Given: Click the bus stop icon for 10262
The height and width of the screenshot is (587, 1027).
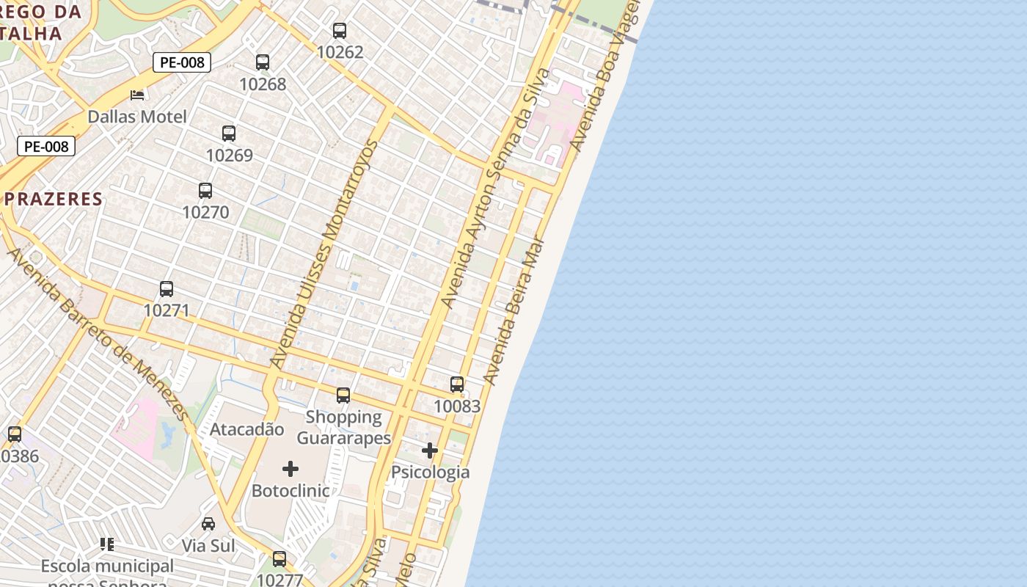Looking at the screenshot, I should click(x=339, y=31).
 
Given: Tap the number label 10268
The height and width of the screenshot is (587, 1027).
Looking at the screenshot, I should click(x=263, y=84).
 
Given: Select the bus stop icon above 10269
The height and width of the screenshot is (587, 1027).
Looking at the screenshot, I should click(x=229, y=134).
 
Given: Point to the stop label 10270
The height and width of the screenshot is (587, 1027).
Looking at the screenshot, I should click(x=205, y=213).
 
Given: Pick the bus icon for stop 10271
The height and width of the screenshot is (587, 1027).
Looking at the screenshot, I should click(x=167, y=289).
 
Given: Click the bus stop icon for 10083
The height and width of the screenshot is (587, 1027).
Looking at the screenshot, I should click(x=457, y=384).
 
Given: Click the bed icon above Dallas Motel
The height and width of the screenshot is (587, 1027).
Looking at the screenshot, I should click(x=137, y=95).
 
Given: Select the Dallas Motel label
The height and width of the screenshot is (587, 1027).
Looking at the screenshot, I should click(x=137, y=117).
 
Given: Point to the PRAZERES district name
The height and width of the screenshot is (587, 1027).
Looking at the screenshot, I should click(x=54, y=199).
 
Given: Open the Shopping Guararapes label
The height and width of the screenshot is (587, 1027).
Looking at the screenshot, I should click(x=343, y=428).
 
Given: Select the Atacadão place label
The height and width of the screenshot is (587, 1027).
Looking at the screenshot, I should click(x=246, y=429).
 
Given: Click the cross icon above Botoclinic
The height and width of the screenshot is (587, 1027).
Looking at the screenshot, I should click(x=290, y=469).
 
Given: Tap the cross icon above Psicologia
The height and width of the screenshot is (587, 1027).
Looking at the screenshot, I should click(x=430, y=451).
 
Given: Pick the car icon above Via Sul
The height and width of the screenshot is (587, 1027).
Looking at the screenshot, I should click(x=208, y=524).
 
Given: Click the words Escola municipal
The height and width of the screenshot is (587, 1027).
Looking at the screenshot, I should click(x=107, y=566).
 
